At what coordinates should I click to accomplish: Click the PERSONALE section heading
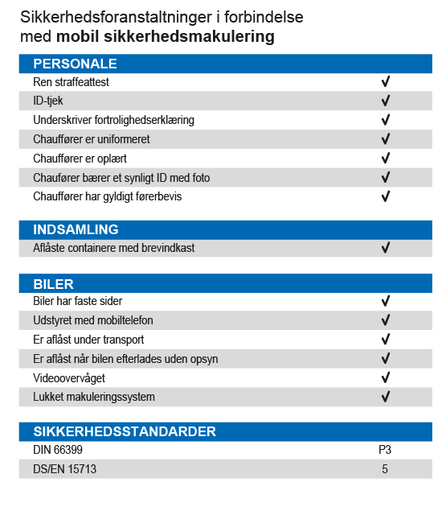(75, 64)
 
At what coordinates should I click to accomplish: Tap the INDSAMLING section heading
(76, 229)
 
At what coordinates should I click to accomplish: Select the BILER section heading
(53, 284)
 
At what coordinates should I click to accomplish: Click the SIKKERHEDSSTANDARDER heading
(125, 431)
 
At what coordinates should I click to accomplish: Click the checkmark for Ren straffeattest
(385, 81)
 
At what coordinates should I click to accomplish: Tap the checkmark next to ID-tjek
(385, 101)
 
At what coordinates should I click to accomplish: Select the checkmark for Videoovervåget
(385, 377)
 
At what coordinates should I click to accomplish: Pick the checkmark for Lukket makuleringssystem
(385, 397)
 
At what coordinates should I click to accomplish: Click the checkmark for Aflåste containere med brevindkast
(385, 248)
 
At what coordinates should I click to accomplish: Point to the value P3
(385, 450)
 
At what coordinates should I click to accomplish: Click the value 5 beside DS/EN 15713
(385, 469)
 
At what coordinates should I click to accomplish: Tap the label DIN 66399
(58, 450)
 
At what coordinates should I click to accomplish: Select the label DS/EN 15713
(64, 469)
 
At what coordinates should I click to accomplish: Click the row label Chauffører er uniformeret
(92, 139)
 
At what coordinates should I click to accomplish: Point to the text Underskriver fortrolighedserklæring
(113, 120)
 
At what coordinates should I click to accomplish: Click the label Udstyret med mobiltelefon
(93, 320)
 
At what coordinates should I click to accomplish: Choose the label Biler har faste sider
(77, 301)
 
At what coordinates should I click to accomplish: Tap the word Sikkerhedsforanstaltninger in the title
(116, 17)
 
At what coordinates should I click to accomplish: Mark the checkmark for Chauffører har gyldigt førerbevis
(385, 196)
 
